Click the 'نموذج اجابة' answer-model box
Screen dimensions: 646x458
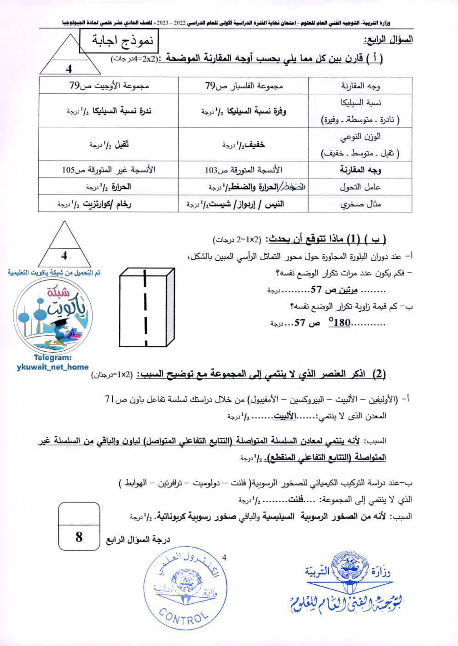pos(119,41)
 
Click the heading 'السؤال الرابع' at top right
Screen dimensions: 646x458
pos(388,40)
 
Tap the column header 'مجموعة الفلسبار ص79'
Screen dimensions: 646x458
pos(243,86)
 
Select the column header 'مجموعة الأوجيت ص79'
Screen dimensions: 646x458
pos(109,86)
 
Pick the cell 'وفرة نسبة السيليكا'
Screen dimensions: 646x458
pos(243,111)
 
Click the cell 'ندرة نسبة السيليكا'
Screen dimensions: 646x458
pos(109,111)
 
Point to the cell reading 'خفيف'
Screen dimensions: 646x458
pos(243,144)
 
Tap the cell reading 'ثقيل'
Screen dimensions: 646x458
pos(109,144)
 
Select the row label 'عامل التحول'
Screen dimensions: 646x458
pos(360,187)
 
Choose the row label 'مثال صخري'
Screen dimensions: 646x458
pos(360,204)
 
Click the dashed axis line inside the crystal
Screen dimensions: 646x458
pos(145,307)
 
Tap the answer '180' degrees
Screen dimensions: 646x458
pos(340,322)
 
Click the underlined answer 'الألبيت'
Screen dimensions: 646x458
pos(285,416)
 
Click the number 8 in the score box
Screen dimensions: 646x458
pos(79,537)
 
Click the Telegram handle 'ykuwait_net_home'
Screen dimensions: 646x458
pos(52,367)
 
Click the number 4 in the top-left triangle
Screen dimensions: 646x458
pos(69,69)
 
